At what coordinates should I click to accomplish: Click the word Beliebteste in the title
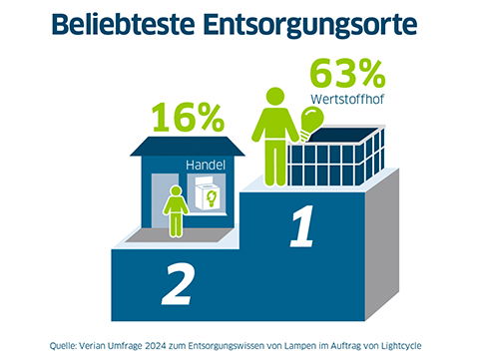point(139,27)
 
